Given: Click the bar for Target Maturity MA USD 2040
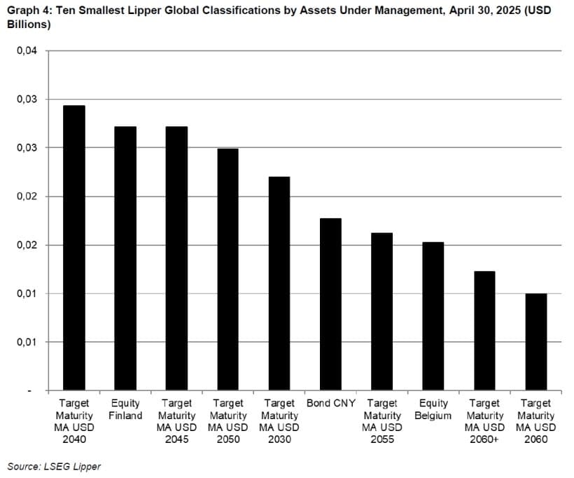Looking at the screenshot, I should (73, 247).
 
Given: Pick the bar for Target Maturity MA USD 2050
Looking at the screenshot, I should (227, 269).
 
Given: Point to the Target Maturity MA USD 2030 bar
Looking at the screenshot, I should (279, 283).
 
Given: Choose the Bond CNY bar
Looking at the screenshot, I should (330, 304).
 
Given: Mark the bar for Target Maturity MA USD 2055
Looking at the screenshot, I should (381, 311).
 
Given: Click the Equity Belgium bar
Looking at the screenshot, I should (433, 316).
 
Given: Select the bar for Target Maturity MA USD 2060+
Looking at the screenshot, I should (484, 330).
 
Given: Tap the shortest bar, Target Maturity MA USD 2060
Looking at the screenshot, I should (535, 341).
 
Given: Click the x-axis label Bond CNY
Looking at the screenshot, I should (331, 404).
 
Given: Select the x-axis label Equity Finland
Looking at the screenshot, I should (125, 409).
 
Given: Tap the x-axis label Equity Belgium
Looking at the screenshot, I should (433, 409).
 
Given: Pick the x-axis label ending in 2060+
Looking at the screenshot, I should (484, 421).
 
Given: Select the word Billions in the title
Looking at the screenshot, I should (27, 25).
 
